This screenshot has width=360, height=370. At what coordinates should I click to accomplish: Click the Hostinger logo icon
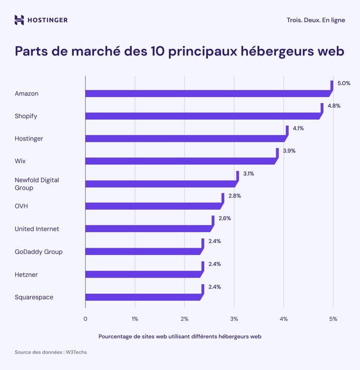[19, 20]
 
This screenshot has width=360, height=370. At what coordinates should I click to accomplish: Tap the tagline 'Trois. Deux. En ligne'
[315, 20]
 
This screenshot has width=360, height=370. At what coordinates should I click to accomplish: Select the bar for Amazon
[207, 93]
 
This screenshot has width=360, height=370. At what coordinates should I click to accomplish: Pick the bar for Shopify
[202, 116]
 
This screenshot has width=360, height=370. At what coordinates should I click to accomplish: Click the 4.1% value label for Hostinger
[298, 128]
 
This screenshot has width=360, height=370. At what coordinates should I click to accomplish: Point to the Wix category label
[20, 161]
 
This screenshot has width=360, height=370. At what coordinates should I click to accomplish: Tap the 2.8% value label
[234, 196]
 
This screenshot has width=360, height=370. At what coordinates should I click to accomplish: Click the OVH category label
[22, 206]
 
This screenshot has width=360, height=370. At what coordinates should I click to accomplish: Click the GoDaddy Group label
[39, 251]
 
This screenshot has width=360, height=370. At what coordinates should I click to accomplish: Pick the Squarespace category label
[34, 297]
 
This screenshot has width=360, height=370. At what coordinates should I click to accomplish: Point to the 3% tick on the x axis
[234, 318]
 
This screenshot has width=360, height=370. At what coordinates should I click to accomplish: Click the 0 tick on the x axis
[85, 318]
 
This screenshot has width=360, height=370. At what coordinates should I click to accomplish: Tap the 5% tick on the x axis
[333, 318]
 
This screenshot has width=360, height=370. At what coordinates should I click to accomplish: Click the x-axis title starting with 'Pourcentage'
[180, 336]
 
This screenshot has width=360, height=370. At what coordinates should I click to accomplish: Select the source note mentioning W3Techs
[51, 352]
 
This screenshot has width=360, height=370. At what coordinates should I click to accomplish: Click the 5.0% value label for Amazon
[344, 83]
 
